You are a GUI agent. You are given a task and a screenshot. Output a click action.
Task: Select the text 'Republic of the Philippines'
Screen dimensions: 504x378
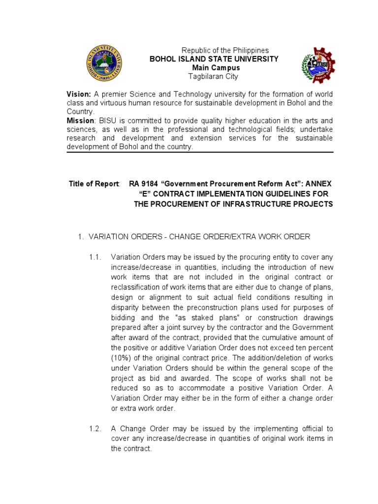click(x=225, y=51)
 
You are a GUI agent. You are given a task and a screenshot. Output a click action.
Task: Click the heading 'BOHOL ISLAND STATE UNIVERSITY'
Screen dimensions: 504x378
click(x=214, y=59)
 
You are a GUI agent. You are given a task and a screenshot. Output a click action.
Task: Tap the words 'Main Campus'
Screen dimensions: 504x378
click(x=216, y=67)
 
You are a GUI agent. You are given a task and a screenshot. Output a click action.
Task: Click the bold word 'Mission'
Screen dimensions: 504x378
click(x=80, y=121)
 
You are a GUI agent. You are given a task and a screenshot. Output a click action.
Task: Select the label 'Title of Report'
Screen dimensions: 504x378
click(x=94, y=184)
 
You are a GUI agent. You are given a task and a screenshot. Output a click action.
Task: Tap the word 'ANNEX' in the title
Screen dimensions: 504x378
click(x=318, y=184)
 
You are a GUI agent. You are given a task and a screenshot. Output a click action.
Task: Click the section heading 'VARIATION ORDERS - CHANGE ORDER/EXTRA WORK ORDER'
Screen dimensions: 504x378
click(x=199, y=237)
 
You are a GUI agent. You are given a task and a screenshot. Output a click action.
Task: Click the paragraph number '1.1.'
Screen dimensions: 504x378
click(x=95, y=256)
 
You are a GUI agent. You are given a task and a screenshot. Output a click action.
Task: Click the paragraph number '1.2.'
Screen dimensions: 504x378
click(x=95, y=429)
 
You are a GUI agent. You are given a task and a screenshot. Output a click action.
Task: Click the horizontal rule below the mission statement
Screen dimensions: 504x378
click(x=200, y=153)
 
